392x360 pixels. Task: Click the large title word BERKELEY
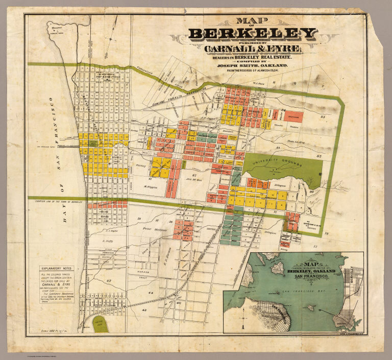pos(253,34)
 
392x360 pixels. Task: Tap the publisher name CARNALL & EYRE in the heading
pos(253,49)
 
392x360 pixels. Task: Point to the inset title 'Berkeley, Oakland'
pos(310,270)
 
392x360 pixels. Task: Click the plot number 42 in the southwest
pos(108,280)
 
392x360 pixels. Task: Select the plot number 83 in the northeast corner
pos(323,117)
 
